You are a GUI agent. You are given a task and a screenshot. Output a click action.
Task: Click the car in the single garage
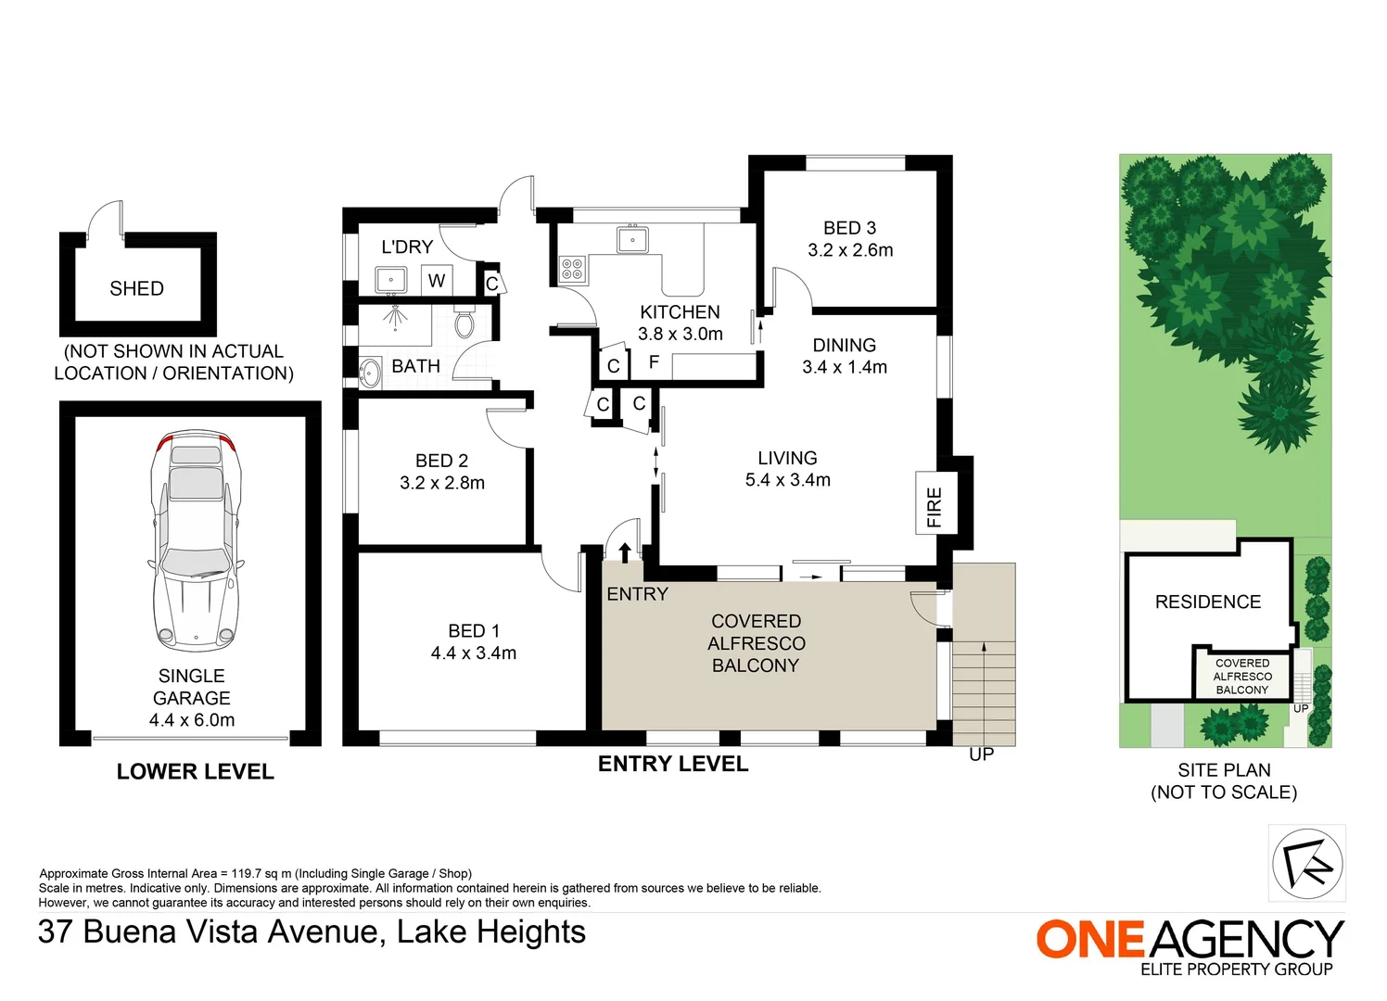pos(196,542)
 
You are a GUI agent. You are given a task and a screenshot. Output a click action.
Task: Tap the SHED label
pos(137,288)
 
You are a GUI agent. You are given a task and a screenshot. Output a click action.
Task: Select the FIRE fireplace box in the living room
pos(936,502)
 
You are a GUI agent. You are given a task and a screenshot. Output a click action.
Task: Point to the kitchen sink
pos(632,239)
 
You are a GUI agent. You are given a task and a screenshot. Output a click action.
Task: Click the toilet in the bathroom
pos(464,321)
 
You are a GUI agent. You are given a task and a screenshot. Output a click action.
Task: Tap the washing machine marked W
pos(437,280)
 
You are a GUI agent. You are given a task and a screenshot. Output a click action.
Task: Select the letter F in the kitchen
pos(654,362)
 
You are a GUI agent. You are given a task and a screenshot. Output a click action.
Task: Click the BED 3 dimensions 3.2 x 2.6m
pos(850,250)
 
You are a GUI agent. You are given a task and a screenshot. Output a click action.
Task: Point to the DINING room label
pos(844,345)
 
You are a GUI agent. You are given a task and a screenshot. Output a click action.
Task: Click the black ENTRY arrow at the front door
pos(624,552)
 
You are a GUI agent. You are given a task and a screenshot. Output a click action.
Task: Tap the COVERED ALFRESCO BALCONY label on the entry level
pos(756,643)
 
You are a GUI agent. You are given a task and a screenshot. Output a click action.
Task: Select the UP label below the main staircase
pos(982,754)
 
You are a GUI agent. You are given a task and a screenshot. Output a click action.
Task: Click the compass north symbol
pos(1307,863)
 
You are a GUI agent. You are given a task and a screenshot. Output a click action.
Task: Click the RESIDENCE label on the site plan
pos(1208,602)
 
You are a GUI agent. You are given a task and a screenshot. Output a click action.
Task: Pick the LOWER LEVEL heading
pos(195,771)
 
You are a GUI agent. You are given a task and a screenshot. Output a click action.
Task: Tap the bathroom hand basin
pos(370,373)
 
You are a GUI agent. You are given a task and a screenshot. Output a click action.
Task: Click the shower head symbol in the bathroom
pos(395,317)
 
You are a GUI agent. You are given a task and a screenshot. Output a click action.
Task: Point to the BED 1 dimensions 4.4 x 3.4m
pos(473,653)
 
